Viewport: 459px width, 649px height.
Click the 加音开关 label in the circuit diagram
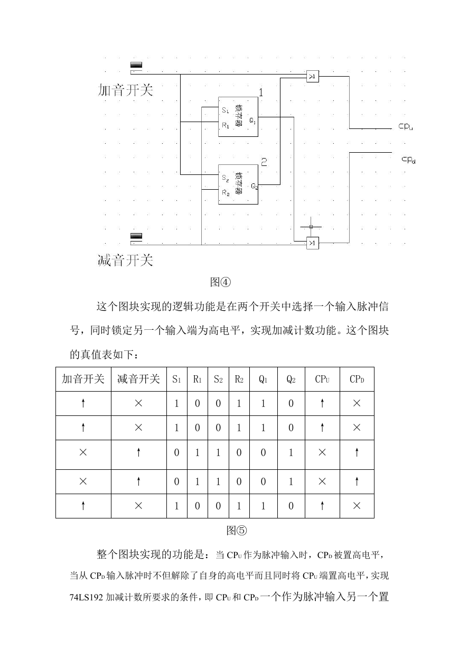click(125, 90)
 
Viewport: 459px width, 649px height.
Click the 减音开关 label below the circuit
click(125, 260)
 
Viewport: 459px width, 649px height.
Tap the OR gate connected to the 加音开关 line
click(313, 77)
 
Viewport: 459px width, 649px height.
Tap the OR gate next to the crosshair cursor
click(313, 243)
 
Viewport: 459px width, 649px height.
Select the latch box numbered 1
click(238, 117)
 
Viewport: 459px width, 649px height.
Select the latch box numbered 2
click(238, 184)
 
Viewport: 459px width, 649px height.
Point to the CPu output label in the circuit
click(406, 127)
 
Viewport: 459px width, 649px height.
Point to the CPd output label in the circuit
click(408, 160)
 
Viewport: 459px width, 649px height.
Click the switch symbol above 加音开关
click(136, 65)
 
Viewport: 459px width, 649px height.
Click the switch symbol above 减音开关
click(136, 236)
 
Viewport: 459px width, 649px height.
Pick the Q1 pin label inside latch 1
click(252, 120)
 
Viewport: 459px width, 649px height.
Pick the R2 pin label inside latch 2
click(226, 193)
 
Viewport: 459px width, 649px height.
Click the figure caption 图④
click(220, 282)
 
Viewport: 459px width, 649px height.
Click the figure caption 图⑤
click(236, 531)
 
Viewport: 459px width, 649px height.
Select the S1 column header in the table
click(176, 379)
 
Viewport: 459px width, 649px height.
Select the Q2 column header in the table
click(291, 379)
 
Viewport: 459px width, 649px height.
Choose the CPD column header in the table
click(357, 379)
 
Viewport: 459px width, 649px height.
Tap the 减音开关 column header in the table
click(138, 379)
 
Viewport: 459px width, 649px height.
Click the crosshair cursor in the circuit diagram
click(311, 227)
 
